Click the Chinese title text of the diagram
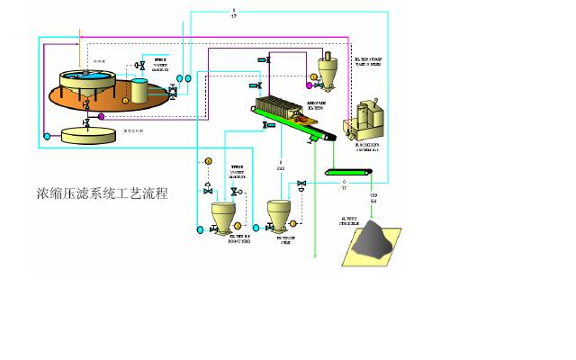108,193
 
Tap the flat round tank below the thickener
88,134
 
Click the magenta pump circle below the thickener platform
101,116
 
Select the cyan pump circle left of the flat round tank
47,136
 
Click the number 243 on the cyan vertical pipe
280,167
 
